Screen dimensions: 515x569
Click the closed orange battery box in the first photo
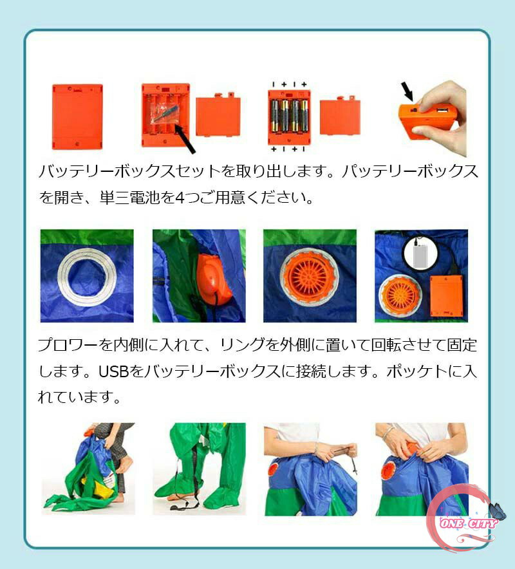point(77,117)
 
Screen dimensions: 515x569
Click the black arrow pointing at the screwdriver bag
point(185,138)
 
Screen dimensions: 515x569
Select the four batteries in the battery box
point(289,115)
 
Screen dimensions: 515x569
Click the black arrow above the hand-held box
point(407,92)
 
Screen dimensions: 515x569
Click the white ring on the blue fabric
point(87,277)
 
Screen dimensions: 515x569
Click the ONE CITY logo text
point(468,523)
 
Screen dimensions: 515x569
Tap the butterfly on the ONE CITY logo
point(498,511)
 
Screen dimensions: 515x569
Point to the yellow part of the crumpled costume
point(98,486)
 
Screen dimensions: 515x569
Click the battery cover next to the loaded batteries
point(340,117)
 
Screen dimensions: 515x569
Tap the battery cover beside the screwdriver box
point(218,115)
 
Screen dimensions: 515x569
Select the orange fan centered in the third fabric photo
point(310,275)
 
